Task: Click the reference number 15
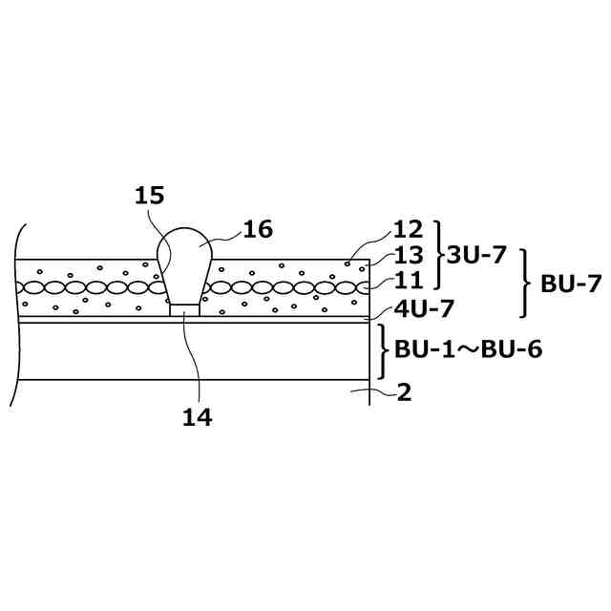click(149, 196)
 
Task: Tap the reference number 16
click(258, 229)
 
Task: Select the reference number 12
click(408, 230)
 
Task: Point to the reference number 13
click(408, 255)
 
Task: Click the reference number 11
click(408, 280)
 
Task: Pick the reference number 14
click(198, 417)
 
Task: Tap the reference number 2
click(404, 392)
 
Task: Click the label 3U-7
click(478, 255)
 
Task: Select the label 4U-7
click(424, 308)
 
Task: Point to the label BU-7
click(571, 283)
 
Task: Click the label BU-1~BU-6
click(468, 349)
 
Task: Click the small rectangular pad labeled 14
click(185, 309)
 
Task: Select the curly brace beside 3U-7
click(440, 255)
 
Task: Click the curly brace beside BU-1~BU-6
click(384, 350)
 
